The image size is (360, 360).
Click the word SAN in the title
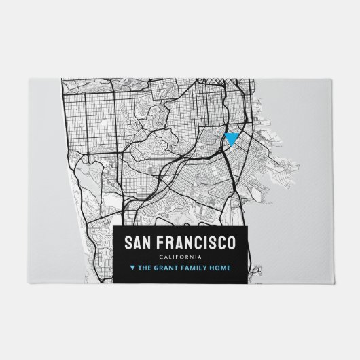pyautogui.click(x=137, y=242)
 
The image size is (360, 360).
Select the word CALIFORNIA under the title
pyautogui.click(x=180, y=256)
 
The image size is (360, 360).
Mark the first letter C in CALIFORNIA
pyautogui.click(x=161, y=256)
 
